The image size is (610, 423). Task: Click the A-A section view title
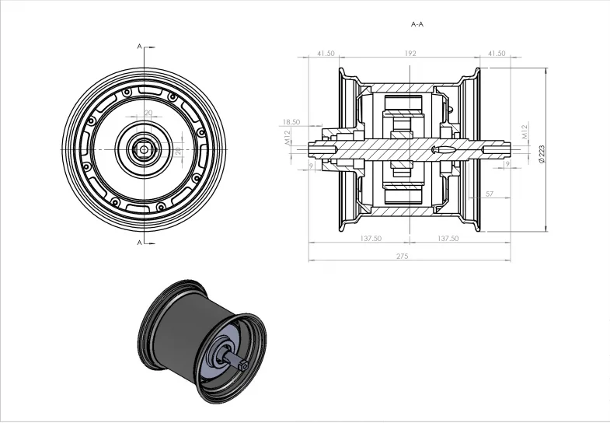(417, 24)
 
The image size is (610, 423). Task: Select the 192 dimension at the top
(411, 54)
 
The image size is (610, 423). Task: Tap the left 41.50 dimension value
(326, 54)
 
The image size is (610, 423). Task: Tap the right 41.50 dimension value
(496, 54)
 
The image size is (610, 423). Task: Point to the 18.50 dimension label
(291, 122)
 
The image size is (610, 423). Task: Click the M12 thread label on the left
(288, 138)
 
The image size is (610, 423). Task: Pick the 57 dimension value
(489, 193)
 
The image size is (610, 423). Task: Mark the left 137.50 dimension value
(371, 239)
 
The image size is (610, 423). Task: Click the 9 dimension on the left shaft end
(311, 165)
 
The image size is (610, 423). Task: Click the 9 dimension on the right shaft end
(507, 165)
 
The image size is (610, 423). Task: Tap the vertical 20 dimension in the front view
(177, 150)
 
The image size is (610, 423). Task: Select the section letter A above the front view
(140, 47)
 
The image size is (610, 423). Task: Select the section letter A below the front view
(140, 243)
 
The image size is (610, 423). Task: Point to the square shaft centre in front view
(145, 148)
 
